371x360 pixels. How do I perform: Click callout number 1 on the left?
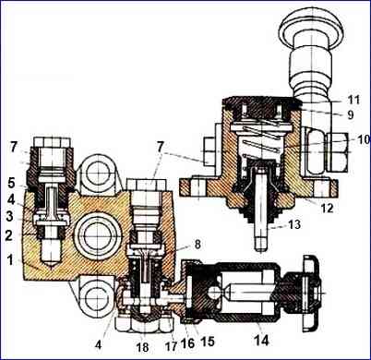pyautogui.click(x=10, y=260)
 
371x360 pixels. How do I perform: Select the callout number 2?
pyautogui.click(x=8, y=235)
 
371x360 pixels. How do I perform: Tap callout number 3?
pyautogui.click(x=9, y=216)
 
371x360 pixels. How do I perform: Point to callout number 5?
pyautogui.click(x=11, y=183)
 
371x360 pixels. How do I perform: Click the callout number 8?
pyautogui.click(x=197, y=244)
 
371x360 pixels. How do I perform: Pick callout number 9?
pyautogui.click(x=351, y=114)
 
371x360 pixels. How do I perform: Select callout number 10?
pyautogui.click(x=364, y=139)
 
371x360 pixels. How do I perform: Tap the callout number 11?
pyautogui.click(x=353, y=100)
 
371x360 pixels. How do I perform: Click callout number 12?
pyautogui.click(x=327, y=208)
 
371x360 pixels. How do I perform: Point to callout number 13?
pyautogui.click(x=293, y=224)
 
